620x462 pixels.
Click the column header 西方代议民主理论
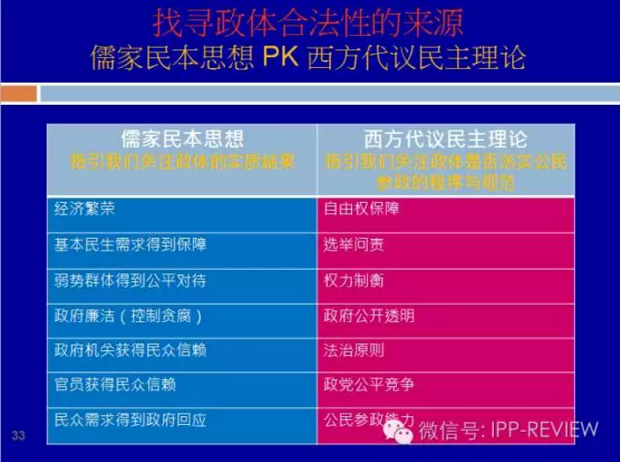click(445, 139)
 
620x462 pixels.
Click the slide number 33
click(19, 435)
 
